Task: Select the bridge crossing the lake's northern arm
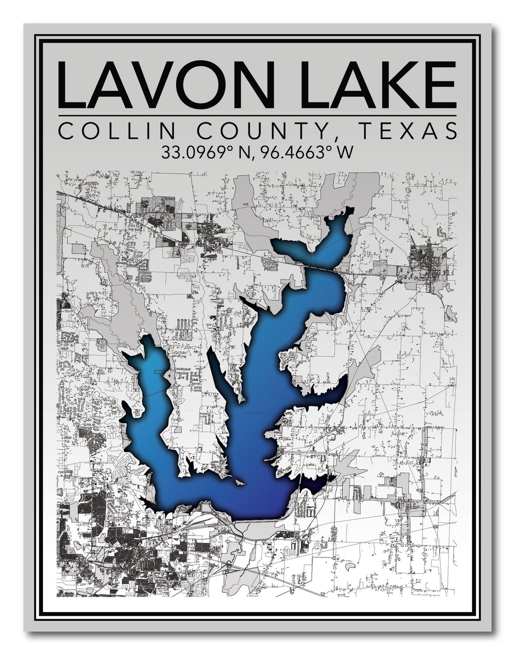pyautogui.click(x=323, y=269)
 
